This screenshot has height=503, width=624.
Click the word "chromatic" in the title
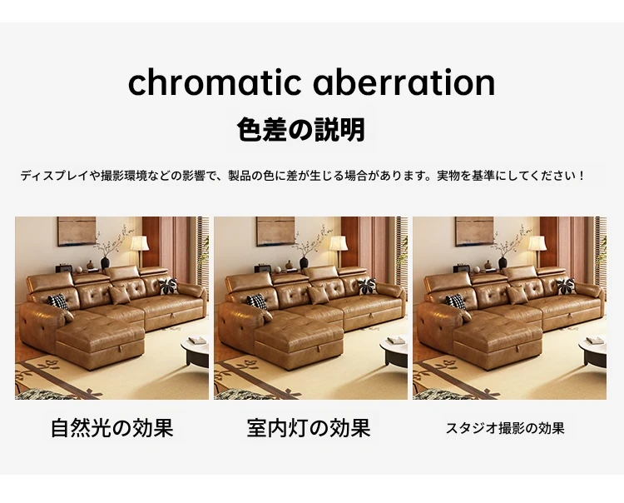(x=215, y=82)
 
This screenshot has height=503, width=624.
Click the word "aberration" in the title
(x=404, y=82)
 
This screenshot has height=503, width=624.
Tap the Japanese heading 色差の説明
(x=301, y=130)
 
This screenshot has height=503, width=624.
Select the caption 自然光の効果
(x=111, y=428)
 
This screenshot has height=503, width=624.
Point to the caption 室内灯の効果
(x=309, y=428)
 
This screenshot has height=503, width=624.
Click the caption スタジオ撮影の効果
(x=505, y=429)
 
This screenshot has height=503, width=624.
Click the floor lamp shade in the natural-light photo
(x=140, y=243)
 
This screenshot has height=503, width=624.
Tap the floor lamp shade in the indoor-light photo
(x=339, y=243)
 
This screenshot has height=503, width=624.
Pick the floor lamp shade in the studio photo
(x=537, y=243)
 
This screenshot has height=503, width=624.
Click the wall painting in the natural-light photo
(x=77, y=231)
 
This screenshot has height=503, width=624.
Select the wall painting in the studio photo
(x=474, y=231)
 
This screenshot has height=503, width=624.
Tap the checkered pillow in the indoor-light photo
(x=257, y=301)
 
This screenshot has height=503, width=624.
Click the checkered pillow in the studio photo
(x=456, y=301)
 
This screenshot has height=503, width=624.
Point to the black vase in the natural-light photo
(x=105, y=263)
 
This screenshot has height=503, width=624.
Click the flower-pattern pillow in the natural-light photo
(x=168, y=286)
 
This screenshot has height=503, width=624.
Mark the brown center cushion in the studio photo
(x=518, y=295)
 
